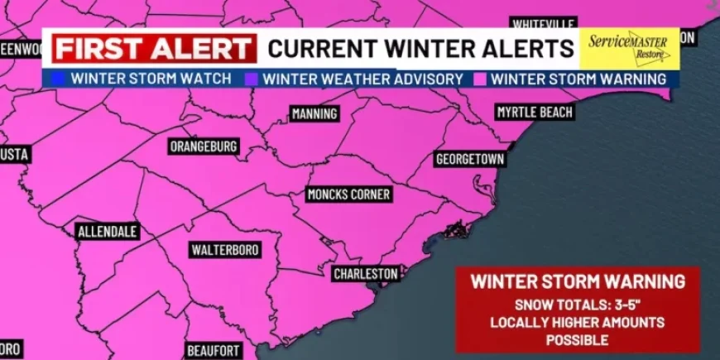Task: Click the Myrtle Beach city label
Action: click(535, 112)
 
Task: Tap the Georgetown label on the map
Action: click(469, 158)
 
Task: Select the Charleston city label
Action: click(366, 273)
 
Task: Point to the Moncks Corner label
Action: click(348, 194)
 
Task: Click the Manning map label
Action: click(314, 113)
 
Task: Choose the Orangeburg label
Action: click(204, 146)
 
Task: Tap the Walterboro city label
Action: click(225, 249)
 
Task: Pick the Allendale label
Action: click(108, 232)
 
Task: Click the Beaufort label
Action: click(214, 350)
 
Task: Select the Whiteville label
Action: click(542, 24)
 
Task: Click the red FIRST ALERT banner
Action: click(154, 48)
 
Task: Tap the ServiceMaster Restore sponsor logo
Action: click(628, 48)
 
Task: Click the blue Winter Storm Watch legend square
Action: click(57, 79)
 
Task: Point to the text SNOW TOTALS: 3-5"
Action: click(577, 304)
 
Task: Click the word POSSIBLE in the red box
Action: click(577, 340)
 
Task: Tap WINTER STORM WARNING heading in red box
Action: click(578, 281)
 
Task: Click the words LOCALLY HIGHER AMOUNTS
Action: click(577, 322)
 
